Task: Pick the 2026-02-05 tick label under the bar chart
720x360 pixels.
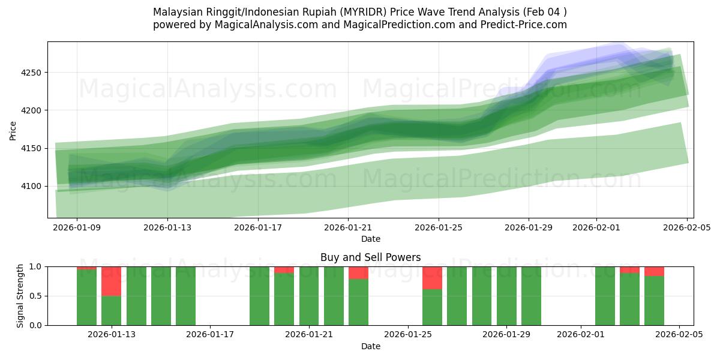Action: (679, 335)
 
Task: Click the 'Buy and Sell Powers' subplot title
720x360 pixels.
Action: (370, 257)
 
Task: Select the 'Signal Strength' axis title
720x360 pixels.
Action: (21, 296)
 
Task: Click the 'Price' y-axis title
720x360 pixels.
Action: (13, 130)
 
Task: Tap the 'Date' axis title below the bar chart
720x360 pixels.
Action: (370, 346)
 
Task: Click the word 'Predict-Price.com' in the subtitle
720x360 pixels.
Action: (528, 25)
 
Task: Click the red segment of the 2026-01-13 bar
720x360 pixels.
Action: (111, 281)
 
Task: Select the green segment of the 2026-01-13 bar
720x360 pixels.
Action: (111, 310)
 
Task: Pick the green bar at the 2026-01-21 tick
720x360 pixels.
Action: (309, 296)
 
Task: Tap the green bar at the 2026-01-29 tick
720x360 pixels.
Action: (506, 296)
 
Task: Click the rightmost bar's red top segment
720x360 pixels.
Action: (654, 271)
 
